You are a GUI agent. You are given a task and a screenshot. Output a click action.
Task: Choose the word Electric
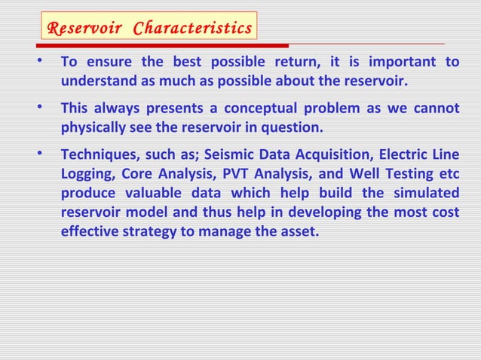[406, 155]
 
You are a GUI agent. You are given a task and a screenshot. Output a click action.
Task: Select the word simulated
[425, 193]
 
